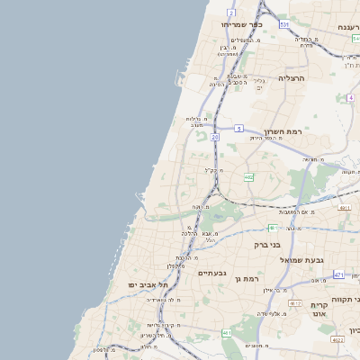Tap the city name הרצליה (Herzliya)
point(292,78)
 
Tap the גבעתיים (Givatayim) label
point(213,273)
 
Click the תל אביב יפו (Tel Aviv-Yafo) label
point(143,284)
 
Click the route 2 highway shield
point(231,12)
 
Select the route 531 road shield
point(284,24)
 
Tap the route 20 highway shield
point(215,137)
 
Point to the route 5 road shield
point(239,129)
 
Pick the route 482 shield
point(248,177)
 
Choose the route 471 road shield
point(338,274)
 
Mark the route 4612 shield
point(295,304)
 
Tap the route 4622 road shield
point(337,340)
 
